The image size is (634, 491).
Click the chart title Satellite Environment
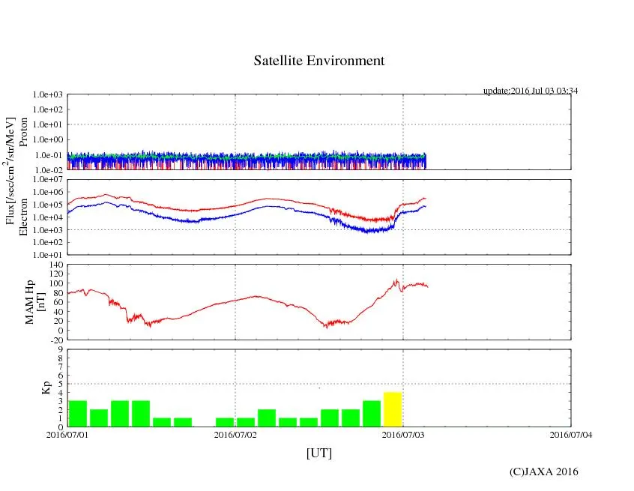319,61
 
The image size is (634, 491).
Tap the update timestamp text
531,91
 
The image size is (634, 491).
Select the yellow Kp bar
393,409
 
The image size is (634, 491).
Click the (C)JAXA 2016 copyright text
544,472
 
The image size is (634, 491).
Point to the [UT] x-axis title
319,453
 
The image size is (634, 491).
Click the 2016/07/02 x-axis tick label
235,434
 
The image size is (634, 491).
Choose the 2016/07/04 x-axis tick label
570,434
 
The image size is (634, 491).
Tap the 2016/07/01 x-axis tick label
67,434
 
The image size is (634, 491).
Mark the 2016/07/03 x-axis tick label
403,434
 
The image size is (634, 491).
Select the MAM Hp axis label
35,297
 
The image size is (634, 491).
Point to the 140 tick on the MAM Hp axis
54,265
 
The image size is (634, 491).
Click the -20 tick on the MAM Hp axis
54,340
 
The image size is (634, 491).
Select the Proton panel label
23,132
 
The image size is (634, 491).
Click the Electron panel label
23,217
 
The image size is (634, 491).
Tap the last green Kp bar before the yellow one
372,414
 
